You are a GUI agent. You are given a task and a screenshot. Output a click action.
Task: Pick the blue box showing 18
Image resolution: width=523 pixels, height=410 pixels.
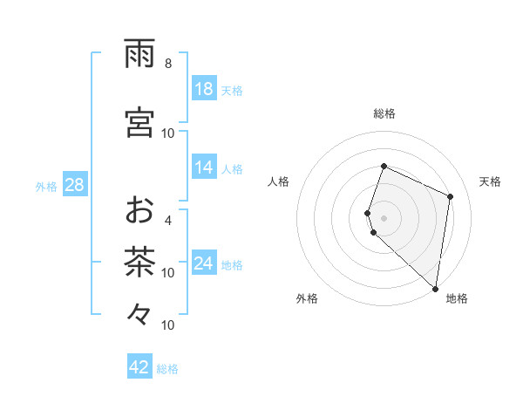(x=204, y=88)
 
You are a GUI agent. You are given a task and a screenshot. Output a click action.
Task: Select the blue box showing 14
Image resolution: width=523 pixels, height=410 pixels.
(x=204, y=167)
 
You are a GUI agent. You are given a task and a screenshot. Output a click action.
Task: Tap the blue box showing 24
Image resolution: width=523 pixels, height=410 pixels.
(x=204, y=263)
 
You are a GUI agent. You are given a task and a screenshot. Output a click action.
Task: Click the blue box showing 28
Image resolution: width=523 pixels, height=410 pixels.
(x=74, y=185)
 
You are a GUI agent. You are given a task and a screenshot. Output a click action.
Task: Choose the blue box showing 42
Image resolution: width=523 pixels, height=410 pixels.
(x=139, y=367)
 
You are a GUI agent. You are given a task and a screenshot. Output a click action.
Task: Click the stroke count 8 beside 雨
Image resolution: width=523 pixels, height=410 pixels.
(x=168, y=64)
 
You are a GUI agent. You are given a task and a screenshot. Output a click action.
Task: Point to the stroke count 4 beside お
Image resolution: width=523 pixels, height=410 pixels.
(x=168, y=221)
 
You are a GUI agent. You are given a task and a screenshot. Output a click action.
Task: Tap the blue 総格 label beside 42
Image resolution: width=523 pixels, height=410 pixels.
(x=167, y=369)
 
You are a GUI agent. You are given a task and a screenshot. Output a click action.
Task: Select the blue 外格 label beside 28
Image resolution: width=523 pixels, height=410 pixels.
(x=46, y=186)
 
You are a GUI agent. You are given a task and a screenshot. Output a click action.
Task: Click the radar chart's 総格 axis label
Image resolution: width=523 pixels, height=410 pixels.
(x=384, y=113)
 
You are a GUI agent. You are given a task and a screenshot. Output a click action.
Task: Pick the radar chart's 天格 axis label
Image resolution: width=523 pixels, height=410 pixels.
(x=490, y=181)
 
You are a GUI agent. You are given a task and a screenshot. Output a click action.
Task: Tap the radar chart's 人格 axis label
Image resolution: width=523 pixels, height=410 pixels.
(x=278, y=181)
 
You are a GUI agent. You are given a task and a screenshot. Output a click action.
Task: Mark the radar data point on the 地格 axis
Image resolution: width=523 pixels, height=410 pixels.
(x=436, y=289)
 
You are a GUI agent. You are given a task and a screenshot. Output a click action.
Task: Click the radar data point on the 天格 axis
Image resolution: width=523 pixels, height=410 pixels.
(x=451, y=196)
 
